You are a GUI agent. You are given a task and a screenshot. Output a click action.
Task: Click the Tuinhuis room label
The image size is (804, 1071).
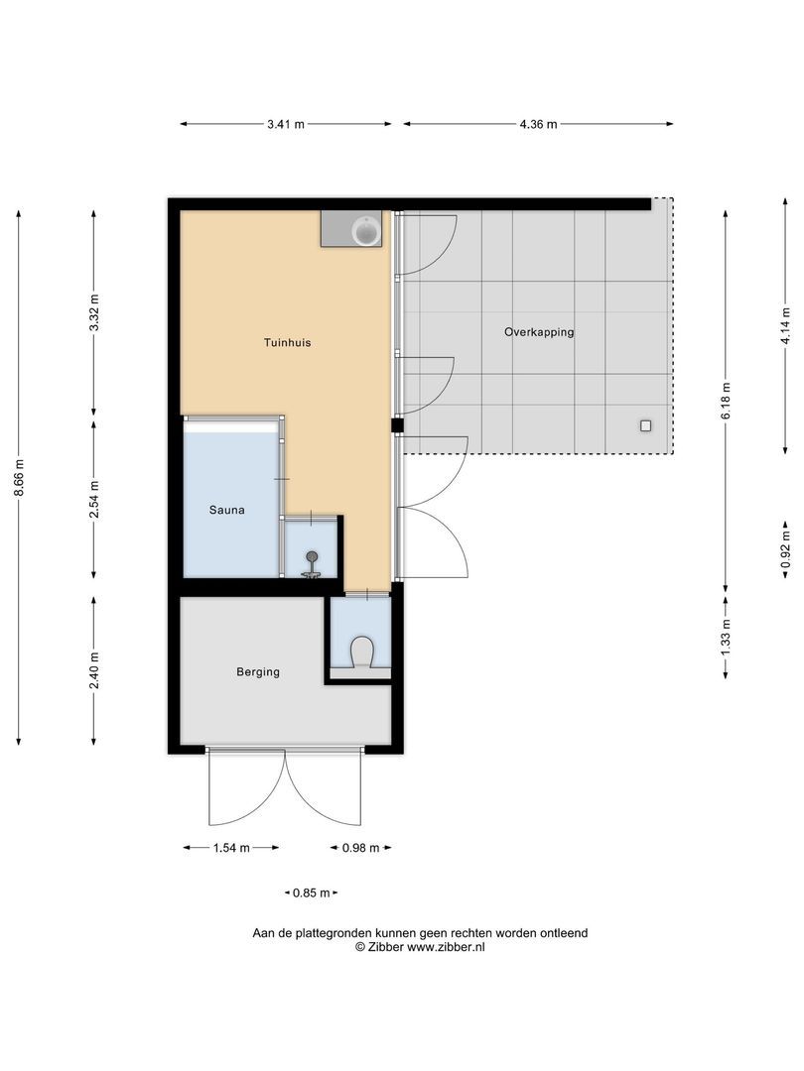(289, 342)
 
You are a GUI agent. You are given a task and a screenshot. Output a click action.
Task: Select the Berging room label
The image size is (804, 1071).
(258, 671)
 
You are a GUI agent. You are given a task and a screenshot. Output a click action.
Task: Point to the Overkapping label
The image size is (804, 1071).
(539, 332)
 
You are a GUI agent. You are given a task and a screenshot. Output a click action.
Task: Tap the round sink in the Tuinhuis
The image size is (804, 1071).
(366, 231)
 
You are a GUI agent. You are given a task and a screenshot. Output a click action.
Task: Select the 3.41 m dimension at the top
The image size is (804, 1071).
(286, 124)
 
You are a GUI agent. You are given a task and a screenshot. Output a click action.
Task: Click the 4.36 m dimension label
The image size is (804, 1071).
(538, 124)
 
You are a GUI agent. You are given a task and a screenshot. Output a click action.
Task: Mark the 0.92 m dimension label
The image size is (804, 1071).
(785, 552)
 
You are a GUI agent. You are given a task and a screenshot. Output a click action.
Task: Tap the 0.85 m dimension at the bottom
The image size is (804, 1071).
(310, 892)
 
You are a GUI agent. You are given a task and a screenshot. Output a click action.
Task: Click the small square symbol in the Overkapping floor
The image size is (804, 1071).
(645, 425)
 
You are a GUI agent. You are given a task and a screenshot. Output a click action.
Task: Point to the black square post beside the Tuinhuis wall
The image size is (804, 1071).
(397, 425)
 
